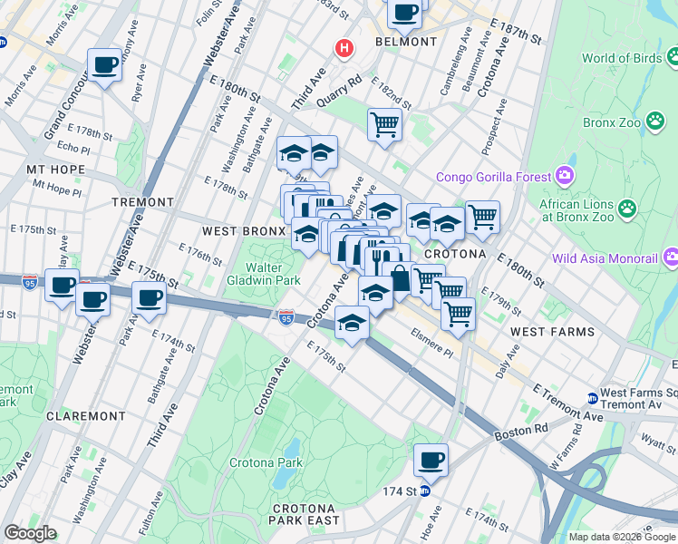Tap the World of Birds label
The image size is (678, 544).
click(622, 58)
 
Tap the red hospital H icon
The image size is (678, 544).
click(344, 47)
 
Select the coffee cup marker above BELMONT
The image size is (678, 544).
click(405, 13)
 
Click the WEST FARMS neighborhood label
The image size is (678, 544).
click(552, 332)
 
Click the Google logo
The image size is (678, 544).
click(30, 533)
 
